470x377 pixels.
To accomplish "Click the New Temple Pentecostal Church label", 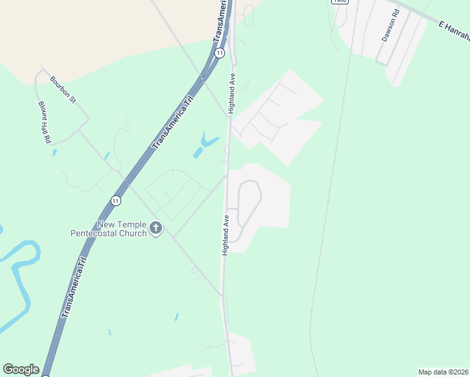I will click(x=108, y=229).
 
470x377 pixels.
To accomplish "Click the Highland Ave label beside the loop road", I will click(x=226, y=234).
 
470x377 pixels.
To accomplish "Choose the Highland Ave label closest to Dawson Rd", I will click(x=231, y=93).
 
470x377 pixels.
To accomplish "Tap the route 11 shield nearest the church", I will click(x=115, y=200).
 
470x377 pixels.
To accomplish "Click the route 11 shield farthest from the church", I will click(x=219, y=53).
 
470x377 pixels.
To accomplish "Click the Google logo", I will click(x=21, y=369).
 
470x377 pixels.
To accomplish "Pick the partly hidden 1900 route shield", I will click(x=339, y=2).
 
